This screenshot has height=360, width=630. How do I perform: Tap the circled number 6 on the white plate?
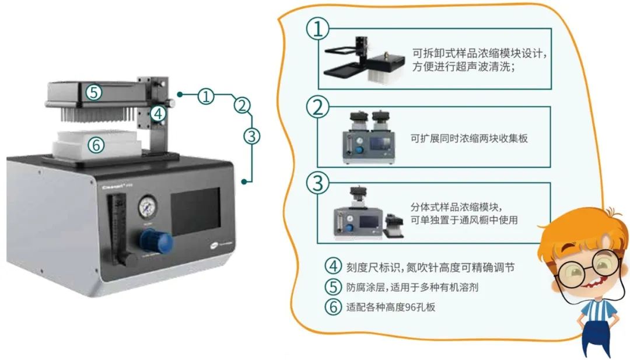click(96, 144)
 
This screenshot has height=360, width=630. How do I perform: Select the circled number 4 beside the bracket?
click(157, 113)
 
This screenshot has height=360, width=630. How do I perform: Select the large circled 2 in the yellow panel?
click(318, 107)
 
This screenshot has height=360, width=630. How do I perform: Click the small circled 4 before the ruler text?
click(333, 267)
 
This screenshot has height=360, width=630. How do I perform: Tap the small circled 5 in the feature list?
click(333, 286)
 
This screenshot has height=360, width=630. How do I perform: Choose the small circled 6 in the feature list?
click(333, 306)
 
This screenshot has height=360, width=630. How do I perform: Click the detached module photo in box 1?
click(365, 61)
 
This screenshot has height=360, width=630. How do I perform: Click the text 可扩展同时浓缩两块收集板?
click(469, 138)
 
